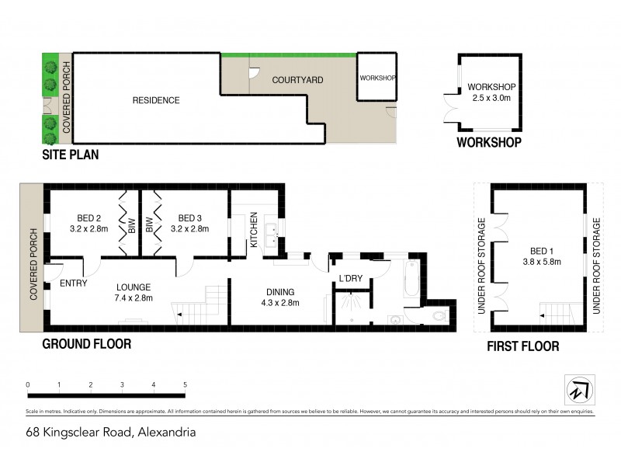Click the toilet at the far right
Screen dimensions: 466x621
click(436, 316)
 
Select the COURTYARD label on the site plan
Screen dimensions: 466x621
click(297, 80)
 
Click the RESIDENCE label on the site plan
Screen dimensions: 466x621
click(155, 100)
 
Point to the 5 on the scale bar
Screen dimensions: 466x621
click(185, 384)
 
